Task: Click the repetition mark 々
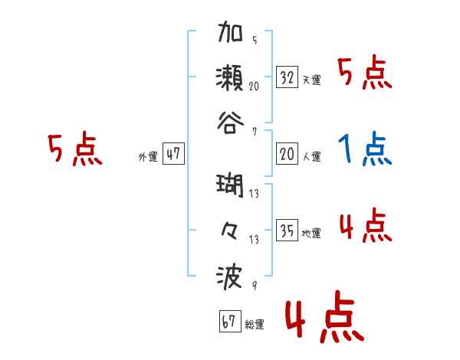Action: coord(231,231)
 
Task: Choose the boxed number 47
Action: coord(173,154)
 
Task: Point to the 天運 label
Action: coord(311,80)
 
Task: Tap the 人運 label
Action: coord(311,156)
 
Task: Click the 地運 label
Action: coord(311,233)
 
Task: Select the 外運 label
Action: coord(148,156)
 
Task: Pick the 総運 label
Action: coord(255,325)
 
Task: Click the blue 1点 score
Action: coord(365,149)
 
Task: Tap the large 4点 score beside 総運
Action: coord(323,321)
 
